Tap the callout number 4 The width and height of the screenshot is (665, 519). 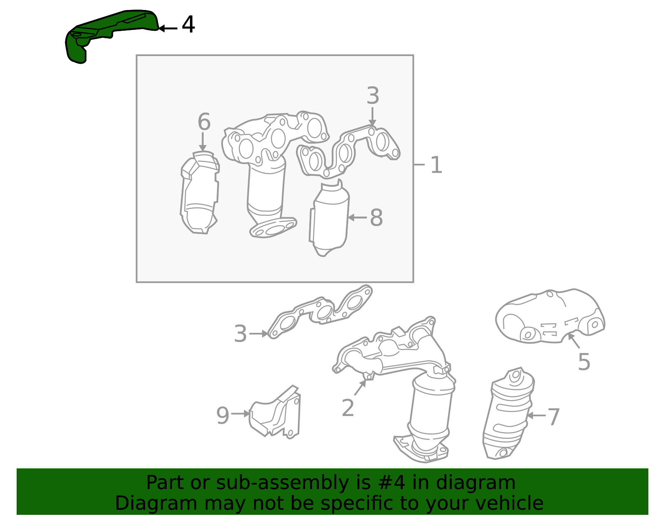[x=188, y=25]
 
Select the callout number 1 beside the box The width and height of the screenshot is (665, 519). [x=436, y=165]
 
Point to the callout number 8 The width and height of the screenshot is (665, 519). [x=377, y=217]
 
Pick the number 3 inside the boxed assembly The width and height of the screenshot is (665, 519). [x=373, y=96]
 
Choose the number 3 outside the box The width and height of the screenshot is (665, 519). [x=240, y=334]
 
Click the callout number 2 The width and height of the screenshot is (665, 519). [x=348, y=408]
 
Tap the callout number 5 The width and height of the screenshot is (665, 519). [x=584, y=362]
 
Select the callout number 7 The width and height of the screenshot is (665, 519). [x=554, y=416]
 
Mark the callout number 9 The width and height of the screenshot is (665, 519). [x=222, y=415]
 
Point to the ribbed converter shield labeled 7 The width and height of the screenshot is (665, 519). [x=509, y=413]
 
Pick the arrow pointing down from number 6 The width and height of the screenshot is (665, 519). [x=202, y=142]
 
